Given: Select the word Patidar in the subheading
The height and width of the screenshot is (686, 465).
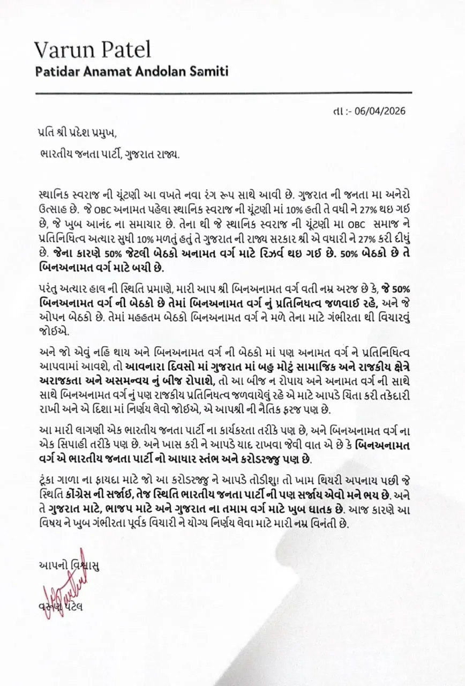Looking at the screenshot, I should [57, 71].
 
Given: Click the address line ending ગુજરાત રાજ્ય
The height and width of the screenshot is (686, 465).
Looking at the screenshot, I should [110, 154].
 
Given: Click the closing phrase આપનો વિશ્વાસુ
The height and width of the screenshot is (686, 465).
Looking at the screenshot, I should [69, 564].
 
